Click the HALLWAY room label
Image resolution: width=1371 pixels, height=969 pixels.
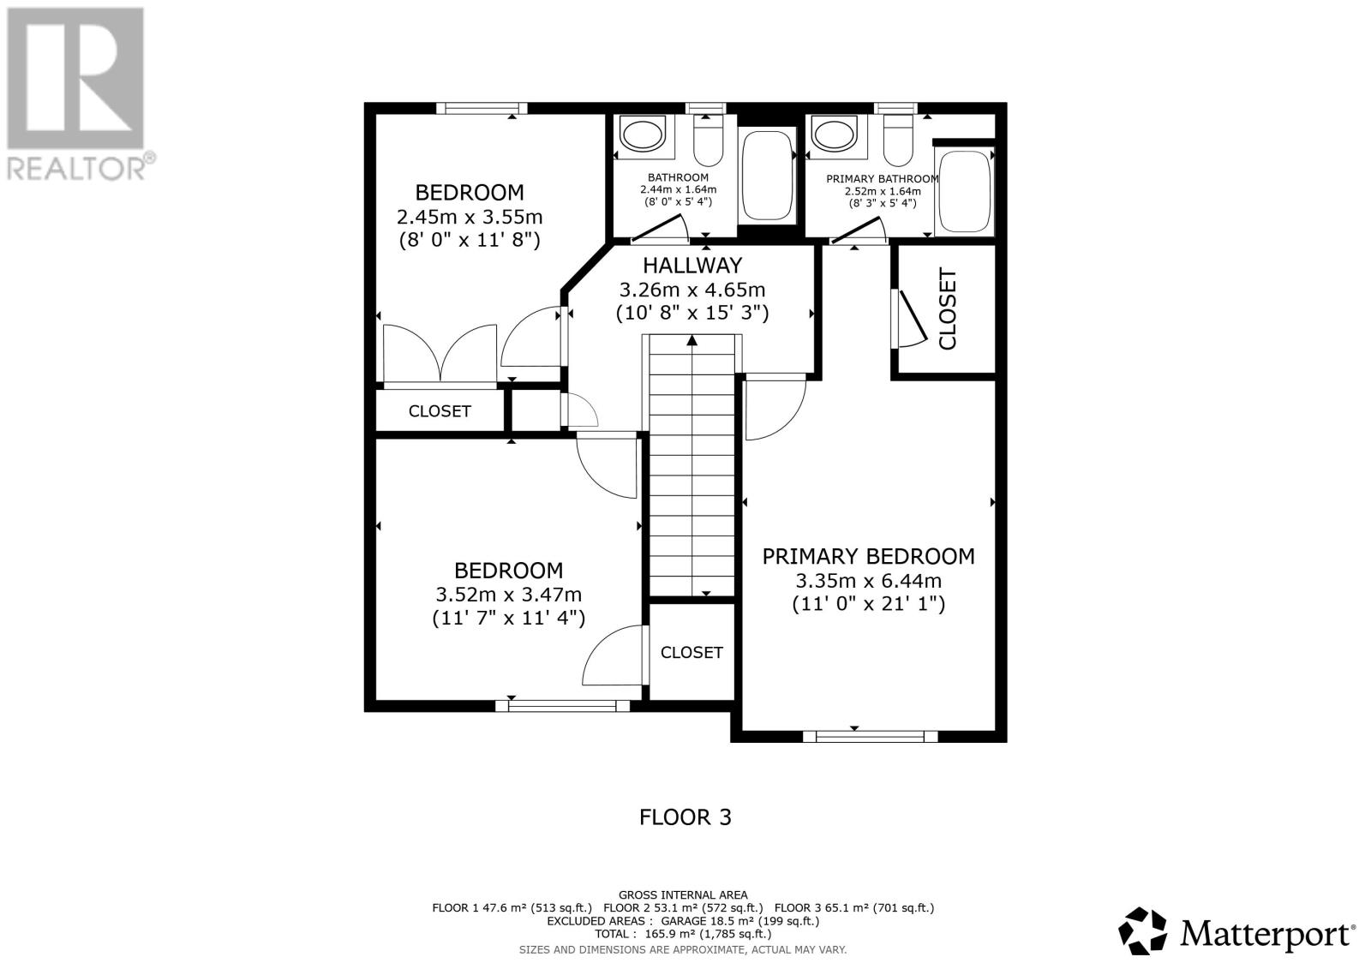pos(692,266)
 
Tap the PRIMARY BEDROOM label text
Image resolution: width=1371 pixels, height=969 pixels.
pos(869,556)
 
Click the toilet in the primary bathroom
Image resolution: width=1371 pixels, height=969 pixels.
pos(898,141)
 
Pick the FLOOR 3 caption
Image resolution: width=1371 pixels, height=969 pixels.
pos(685,817)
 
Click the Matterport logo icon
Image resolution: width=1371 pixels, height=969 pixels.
pos(1143,931)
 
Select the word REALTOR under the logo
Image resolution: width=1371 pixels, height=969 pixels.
pos(76,169)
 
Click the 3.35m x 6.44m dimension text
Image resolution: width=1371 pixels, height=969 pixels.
pos(869,580)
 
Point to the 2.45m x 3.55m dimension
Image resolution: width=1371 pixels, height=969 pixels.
pos(470,217)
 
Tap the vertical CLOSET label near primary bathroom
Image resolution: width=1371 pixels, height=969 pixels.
pos(947,309)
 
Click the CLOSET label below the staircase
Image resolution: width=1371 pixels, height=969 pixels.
pos(691,653)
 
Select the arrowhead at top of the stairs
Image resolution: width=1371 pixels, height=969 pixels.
pos(691,340)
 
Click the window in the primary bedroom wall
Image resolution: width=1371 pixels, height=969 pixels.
pos(870,736)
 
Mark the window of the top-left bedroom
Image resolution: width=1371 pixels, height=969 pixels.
pos(482,108)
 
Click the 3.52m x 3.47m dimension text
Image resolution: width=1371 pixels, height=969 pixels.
pos(509,595)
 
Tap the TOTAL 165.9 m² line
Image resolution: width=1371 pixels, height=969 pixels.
pos(683,934)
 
